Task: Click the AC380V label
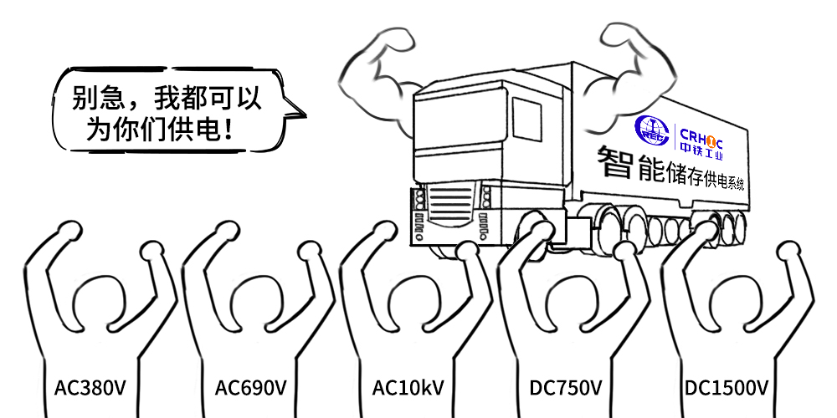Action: coord(90,388)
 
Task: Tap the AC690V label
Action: coord(251,388)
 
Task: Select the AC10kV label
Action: coord(408,388)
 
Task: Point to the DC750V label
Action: coord(566,388)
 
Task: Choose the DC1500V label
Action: coord(727,388)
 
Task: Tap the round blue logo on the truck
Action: coord(652,130)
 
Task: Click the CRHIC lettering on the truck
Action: coord(701,135)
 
